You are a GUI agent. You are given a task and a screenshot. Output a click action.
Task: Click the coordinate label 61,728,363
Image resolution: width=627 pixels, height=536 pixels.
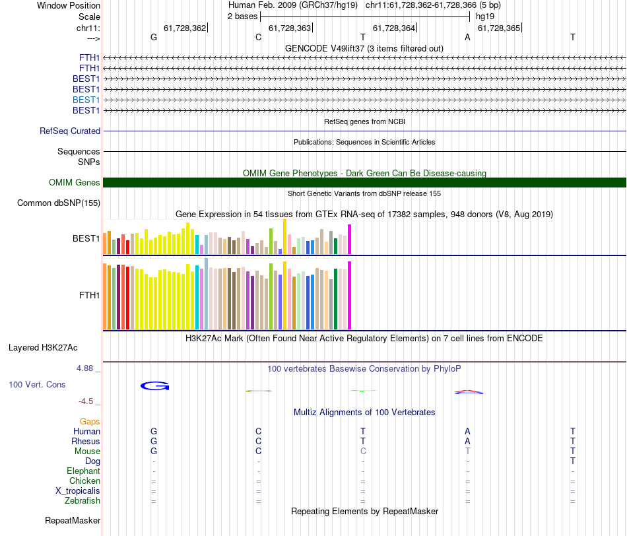290,28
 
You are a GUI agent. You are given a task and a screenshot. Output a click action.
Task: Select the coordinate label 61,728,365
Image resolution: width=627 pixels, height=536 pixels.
499,28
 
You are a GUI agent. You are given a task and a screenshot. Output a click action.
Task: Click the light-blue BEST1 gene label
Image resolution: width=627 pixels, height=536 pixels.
86,100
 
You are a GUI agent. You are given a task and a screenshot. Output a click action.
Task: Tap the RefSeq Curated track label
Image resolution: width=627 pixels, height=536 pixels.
70,131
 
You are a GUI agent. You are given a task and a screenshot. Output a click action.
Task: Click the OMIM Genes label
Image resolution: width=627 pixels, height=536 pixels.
75,183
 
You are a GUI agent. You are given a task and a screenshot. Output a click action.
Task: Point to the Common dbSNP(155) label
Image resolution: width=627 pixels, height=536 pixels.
58,203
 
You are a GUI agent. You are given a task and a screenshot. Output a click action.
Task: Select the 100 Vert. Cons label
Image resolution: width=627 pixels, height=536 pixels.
37,384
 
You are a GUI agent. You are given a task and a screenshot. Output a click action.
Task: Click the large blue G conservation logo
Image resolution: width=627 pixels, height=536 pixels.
155,385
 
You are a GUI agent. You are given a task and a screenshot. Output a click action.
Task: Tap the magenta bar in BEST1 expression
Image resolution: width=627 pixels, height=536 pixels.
350,239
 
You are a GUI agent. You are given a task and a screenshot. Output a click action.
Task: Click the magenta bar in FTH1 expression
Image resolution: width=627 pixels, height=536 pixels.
350,295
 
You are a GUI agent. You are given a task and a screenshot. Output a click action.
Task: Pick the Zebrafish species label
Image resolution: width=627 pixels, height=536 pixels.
82,501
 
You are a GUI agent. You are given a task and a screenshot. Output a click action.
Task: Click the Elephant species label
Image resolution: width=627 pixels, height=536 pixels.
83,471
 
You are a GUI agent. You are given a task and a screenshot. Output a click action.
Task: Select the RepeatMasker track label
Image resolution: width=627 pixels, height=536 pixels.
73,521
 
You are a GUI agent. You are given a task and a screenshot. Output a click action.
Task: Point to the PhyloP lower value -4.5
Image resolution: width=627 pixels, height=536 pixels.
88,401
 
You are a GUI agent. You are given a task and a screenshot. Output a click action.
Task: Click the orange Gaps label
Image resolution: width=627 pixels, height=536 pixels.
90,421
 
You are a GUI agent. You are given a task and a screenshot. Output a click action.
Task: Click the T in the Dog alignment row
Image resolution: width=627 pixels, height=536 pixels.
572,461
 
